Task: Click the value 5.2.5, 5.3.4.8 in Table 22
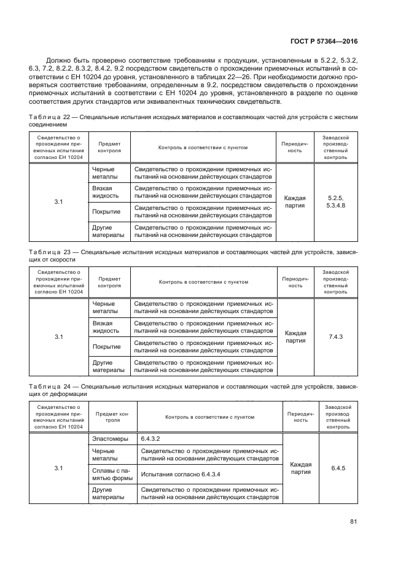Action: click(x=335, y=202)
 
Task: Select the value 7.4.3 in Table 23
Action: click(x=335, y=336)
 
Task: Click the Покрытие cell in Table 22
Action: click(x=106, y=212)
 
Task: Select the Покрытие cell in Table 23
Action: click(x=106, y=347)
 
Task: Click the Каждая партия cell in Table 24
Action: click(x=300, y=468)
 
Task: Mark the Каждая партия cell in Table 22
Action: click(x=295, y=202)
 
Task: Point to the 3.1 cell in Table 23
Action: click(x=59, y=336)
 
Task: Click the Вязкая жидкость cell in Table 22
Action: click(x=106, y=192)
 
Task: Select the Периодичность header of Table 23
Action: click(x=295, y=282)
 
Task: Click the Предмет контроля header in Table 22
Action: click(x=109, y=147)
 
